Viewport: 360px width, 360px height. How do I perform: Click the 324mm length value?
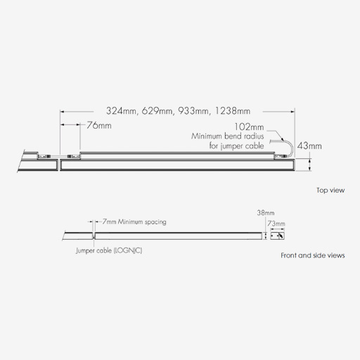pyautogui.click(x=120, y=111)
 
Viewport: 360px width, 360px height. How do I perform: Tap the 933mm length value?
pyautogui.click(x=193, y=111)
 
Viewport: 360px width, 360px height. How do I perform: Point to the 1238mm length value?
pyautogui.click(x=232, y=111)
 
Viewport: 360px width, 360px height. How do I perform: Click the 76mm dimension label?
pyautogui.click(x=99, y=125)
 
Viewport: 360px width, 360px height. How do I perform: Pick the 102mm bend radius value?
pyautogui.click(x=249, y=127)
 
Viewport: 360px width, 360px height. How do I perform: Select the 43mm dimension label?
pyautogui.click(x=309, y=146)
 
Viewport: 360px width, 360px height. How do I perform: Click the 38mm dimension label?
pyautogui.click(x=266, y=213)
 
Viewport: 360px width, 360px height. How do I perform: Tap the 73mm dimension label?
pyautogui.click(x=276, y=224)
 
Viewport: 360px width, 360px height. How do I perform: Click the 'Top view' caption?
pyautogui.click(x=330, y=190)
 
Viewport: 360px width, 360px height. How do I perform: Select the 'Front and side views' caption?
pyautogui.click(x=313, y=255)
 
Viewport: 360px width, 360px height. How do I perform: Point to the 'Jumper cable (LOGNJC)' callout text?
pyautogui.click(x=109, y=250)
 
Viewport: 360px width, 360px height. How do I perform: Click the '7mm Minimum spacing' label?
pyautogui.click(x=134, y=221)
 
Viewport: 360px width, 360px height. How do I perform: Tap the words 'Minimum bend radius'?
pyautogui.click(x=228, y=136)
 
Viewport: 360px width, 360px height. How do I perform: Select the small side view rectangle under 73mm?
pyautogui.click(x=277, y=236)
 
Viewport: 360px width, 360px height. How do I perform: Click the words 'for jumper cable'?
pyautogui.click(x=236, y=146)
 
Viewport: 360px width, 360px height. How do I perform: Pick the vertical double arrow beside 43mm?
pyautogui.click(x=310, y=165)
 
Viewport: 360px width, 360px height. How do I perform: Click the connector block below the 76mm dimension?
pyautogui.click(x=74, y=156)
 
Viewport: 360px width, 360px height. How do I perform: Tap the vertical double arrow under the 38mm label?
pyautogui.click(x=266, y=236)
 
